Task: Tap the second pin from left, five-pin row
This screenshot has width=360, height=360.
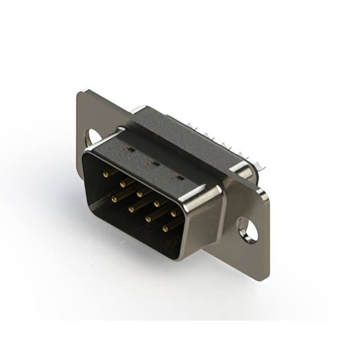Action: coord(123,182)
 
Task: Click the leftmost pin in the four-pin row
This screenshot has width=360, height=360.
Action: coord(114,199)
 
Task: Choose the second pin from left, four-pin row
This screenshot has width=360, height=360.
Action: coord(131,209)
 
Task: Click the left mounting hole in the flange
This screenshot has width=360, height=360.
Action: coord(93,136)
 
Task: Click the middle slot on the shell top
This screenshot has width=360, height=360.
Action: coord(151,163)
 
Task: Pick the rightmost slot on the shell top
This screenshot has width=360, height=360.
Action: coord(179,177)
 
